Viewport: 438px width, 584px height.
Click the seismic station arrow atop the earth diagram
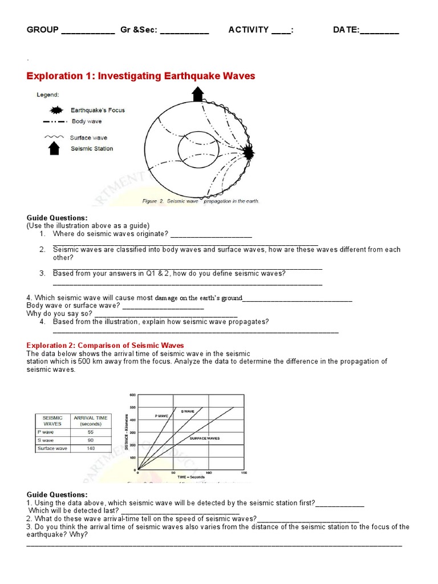pyautogui.click(x=198, y=94)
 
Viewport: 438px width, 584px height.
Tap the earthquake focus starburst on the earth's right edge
pyautogui.click(x=248, y=152)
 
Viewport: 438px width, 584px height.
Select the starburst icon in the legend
pyautogui.click(x=56, y=110)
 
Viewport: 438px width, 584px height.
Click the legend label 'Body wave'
pyautogui.click(x=86, y=121)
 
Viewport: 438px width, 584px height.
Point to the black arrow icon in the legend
pyautogui.click(x=54, y=148)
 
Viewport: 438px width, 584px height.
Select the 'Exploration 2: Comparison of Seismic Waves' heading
pyautogui.click(x=106, y=346)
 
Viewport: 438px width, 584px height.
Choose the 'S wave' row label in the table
pyautogui.click(x=46, y=440)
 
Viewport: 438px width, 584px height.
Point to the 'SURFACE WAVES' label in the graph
pyautogui.click(x=205, y=438)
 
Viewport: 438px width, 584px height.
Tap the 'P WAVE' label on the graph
pyautogui.click(x=162, y=416)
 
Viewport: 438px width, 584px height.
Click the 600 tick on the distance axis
pyautogui.click(x=132, y=395)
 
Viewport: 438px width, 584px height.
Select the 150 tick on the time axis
pyautogui.click(x=245, y=473)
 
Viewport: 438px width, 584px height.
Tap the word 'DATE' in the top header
pyautogui.click(x=345, y=30)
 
